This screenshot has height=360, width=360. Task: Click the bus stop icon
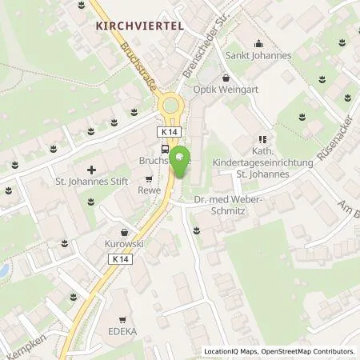point(165,148)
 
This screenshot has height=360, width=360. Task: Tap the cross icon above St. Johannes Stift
point(93,170)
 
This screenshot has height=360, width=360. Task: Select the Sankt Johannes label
point(257,56)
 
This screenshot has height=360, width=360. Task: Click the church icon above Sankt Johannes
point(257,44)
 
